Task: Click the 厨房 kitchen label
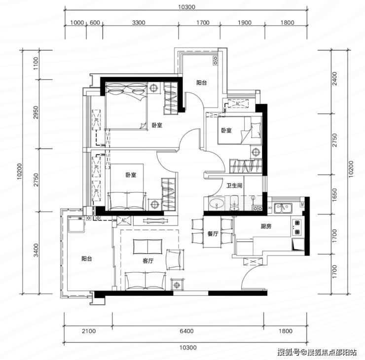click(x=266, y=226)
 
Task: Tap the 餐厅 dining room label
click(x=213, y=234)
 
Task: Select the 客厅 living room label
click(x=148, y=261)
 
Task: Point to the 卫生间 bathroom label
click(x=234, y=185)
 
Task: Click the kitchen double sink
click(x=283, y=208)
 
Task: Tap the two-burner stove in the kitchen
click(x=297, y=227)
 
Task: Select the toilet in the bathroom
click(x=234, y=203)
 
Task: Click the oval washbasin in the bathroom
click(x=217, y=203)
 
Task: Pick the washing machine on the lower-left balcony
click(x=76, y=224)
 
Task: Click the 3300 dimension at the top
click(x=139, y=23)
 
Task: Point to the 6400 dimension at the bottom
click(x=186, y=331)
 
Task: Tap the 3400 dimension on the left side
click(x=36, y=250)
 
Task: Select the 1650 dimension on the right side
click(x=334, y=195)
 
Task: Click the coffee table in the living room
click(x=148, y=247)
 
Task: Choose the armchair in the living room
click(x=175, y=259)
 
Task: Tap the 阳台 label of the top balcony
click(x=201, y=83)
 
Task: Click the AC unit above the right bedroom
click(x=238, y=104)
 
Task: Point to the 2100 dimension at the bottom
click(x=89, y=331)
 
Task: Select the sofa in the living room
click(x=146, y=281)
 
